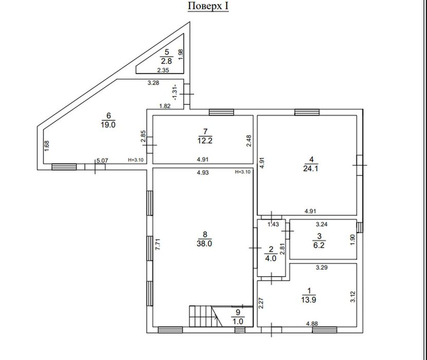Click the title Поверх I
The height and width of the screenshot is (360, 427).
(x=208, y=6)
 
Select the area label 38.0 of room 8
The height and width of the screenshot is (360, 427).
(x=204, y=244)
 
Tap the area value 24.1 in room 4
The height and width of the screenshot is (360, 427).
(x=311, y=168)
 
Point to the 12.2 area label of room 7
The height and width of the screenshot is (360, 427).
(x=205, y=141)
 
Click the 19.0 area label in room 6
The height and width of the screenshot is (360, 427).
(x=108, y=125)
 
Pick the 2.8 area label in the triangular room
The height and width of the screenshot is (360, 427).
(x=166, y=61)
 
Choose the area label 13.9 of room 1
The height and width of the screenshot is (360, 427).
(x=308, y=300)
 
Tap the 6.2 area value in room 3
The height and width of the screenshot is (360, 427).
(x=319, y=245)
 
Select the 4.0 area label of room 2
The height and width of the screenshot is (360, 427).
(x=271, y=258)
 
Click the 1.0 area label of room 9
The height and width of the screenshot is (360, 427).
(x=238, y=321)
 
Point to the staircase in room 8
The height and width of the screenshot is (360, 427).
(x=206, y=316)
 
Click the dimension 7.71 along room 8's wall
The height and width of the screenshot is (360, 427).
(x=158, y=244)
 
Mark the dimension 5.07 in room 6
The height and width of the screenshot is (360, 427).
(x=102, y=160)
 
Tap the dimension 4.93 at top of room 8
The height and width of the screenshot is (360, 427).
(x=202, y=172)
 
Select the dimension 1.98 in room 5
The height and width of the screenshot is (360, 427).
(x=180, y=55)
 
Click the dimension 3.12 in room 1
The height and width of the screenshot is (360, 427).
(x=353, y=297)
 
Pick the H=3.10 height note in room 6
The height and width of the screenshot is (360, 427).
(x=136, y=160)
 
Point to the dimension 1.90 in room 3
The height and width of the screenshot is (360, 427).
(x=353, y=240)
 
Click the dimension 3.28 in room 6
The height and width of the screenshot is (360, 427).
(x=153, y=83)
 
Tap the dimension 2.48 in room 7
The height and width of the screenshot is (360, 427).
(x=249, y=141)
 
